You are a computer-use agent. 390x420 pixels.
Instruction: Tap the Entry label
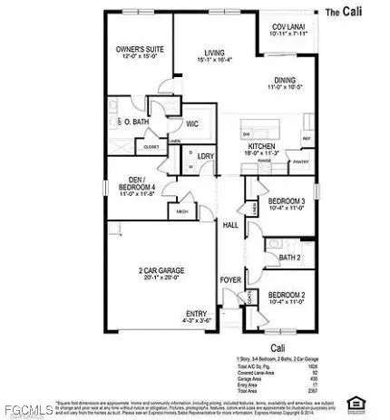tap(194, 313)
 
